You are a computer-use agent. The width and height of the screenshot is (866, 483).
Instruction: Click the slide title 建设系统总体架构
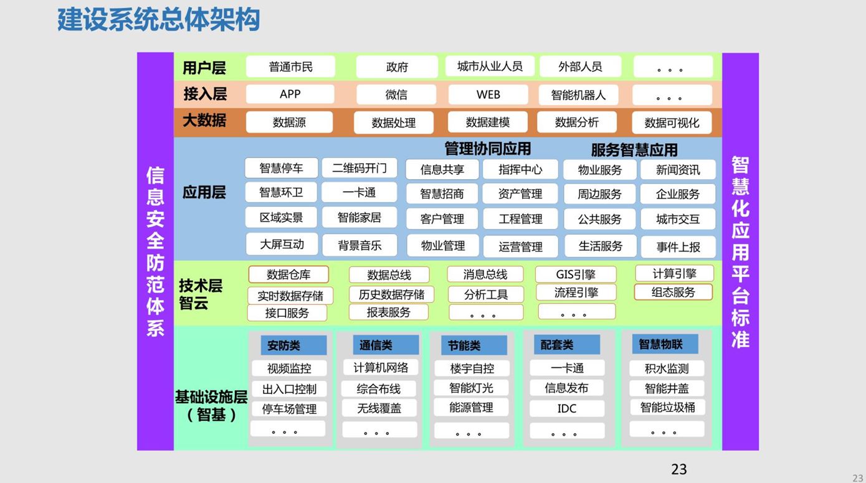point(158,19)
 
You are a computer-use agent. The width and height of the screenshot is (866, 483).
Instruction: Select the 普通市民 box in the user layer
point(290,67)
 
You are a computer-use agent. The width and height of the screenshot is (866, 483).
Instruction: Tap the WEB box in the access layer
point(488,95)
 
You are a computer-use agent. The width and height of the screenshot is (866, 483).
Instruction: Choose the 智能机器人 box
point(578,95)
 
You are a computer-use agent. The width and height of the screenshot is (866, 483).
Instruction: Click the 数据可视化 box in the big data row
point(672,123)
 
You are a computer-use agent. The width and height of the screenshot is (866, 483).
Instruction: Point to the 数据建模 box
point(487,123)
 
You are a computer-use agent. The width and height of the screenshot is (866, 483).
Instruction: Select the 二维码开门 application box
point(359,168)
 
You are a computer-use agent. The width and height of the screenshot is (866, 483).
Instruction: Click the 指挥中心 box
point(520,169)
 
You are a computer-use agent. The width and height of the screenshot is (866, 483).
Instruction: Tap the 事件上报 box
point(678,247)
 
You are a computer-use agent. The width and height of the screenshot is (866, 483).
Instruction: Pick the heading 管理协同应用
point(487,149)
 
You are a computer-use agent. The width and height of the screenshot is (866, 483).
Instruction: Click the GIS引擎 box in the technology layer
point(576,274)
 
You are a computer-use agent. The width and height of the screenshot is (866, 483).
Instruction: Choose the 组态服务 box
point(673,293)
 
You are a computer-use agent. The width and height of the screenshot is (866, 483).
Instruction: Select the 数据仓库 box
point(288,274)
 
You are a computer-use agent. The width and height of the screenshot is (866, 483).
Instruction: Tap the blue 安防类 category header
point(293,345)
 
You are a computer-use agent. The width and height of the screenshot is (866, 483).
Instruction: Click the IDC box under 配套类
point(567,408)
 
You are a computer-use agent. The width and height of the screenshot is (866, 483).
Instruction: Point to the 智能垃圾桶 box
point(667,407)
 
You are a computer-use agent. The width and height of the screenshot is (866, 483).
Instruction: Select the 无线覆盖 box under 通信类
point(379,408)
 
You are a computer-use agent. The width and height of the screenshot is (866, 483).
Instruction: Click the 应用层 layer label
point(204,192)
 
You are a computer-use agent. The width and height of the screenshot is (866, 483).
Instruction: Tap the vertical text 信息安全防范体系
point(155,251)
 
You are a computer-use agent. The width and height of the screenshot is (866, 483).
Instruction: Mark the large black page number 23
point(679,469)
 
